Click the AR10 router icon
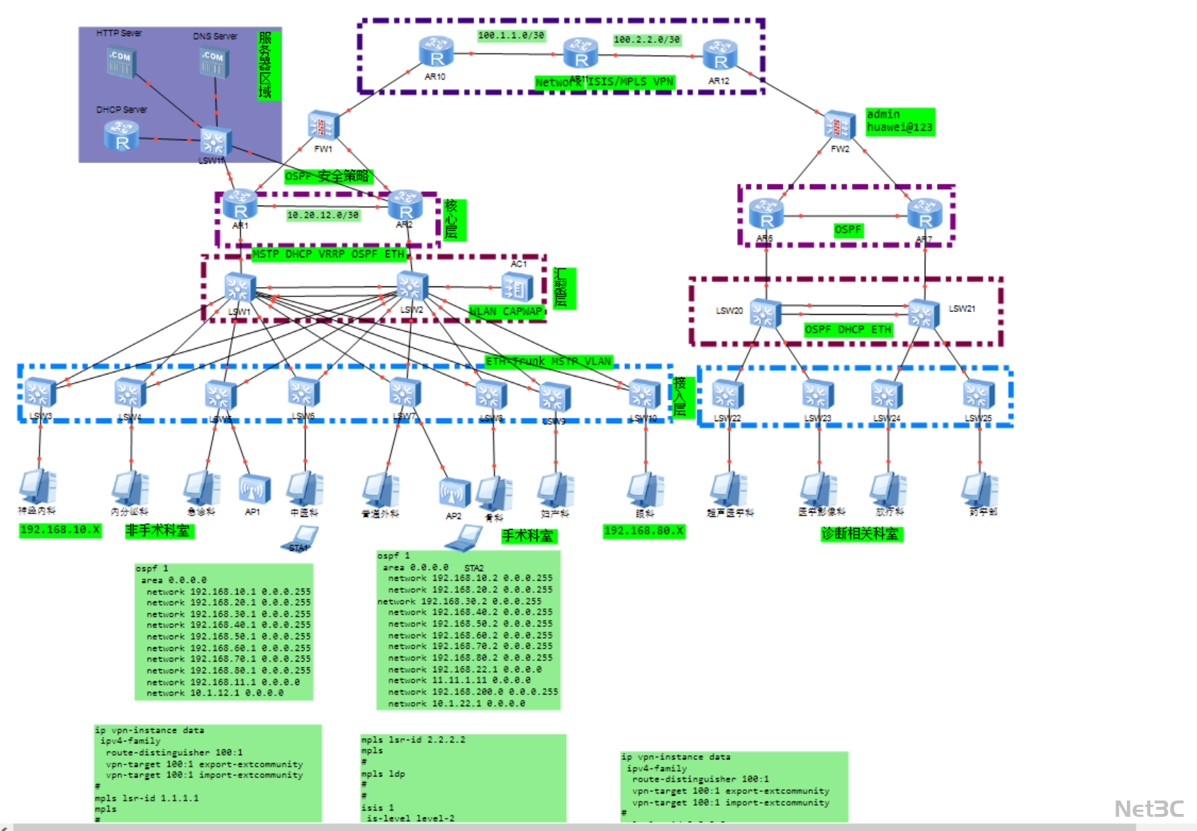[x=436, y=53]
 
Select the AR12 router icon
[x=720, y=56]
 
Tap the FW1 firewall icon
[x=323, y=126]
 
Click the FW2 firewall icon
[x=840, y=126]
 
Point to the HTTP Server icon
[x=120, y=62]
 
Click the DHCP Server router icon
[x=121, y=135]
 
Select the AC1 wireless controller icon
[x=517, y=287]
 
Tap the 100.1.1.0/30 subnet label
[x=511, y=35]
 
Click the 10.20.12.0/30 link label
[x=323, y=215]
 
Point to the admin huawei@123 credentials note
[x=900, y=121]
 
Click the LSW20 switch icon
[x=765, y=313]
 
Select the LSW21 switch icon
[x=923, y=313]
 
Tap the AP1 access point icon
[x=254, y=489]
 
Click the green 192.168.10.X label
[x=60, y=530]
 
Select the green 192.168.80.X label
[x=644, y=531]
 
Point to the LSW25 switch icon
[x=979, y=395]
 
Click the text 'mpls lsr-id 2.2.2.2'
[x=413, y=740]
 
